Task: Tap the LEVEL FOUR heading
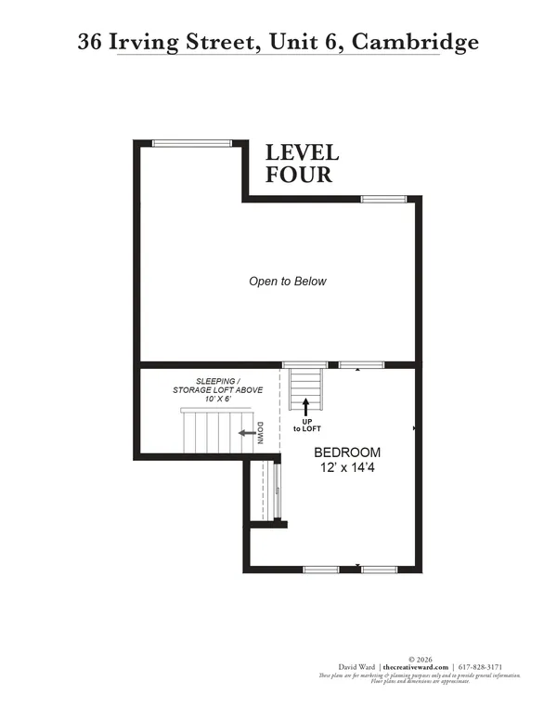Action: click(302, 163)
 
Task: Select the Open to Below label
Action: click(287, 281)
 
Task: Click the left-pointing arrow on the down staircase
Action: click(248, 432)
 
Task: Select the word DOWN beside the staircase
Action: click(262, 433)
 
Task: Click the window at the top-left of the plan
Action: click(191, 143)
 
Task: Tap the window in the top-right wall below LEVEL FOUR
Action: click(382, 199)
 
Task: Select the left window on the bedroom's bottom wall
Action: click(321, 569)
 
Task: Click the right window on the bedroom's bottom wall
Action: click(380, 569)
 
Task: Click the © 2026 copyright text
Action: click(419, 659)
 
